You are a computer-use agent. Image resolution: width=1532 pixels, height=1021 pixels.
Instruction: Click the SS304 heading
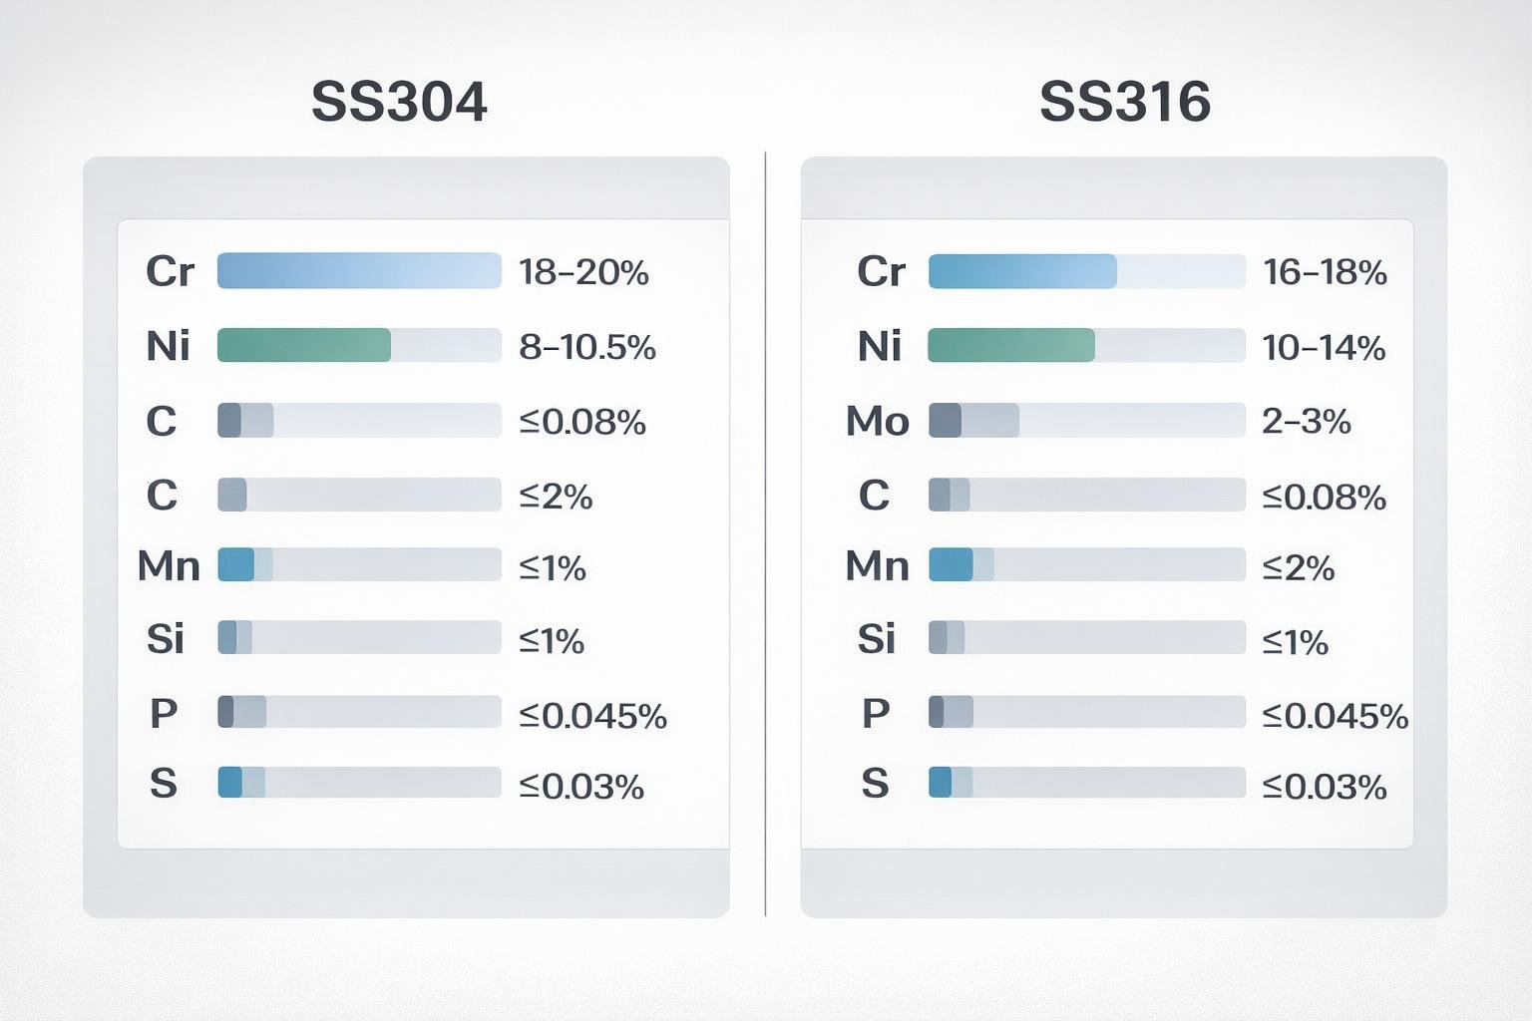point(399,102)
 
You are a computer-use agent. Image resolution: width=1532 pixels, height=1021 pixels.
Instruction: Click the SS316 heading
point(1124,102)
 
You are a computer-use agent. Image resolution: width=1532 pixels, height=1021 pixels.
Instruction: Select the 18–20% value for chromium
point(583,272)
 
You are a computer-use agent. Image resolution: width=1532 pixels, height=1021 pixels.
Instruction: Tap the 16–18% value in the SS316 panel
point(1325,272)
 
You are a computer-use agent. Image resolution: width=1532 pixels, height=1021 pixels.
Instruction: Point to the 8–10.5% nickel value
point(587,347)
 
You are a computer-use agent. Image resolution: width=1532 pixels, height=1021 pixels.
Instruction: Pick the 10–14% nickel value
point(1324,347)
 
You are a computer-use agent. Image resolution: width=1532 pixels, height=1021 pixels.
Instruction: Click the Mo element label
point(877,421)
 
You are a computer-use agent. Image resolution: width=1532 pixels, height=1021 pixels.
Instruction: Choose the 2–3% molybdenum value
point(1306,421)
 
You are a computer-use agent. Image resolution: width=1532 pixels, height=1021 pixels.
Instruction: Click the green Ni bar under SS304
point(304,345)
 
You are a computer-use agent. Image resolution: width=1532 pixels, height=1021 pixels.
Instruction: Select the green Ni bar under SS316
point(1010,345)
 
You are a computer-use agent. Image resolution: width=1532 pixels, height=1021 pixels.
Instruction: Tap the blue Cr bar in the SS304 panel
point(359,271)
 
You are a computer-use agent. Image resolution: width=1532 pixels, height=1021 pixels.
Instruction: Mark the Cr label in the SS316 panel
point(881,271)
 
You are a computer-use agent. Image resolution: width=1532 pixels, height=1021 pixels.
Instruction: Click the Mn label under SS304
point(169,565)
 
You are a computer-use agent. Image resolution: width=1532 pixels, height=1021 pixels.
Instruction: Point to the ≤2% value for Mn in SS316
point(1298,567)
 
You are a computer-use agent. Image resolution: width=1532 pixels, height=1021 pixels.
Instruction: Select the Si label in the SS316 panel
point(877,638)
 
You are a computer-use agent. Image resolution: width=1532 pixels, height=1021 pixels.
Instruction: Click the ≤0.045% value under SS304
point(592,715)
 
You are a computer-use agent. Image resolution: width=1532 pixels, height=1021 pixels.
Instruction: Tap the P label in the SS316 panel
point(875,713)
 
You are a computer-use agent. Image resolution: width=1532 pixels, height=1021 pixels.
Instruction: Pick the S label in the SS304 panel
point(164,784)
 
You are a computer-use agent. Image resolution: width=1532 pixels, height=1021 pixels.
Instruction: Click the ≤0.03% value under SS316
point(1324,787)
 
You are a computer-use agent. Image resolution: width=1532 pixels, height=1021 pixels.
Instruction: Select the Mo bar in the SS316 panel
point(973,421)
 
